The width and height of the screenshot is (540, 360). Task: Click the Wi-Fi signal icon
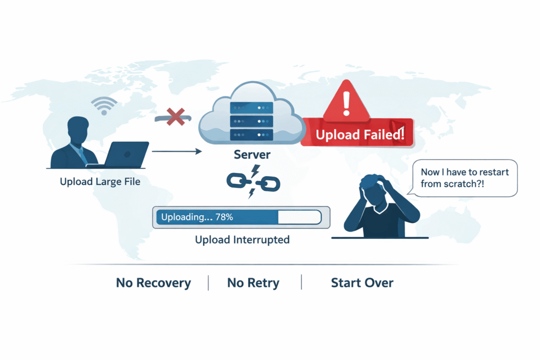tap(103, 105)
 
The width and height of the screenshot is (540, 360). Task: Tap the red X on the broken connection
tap(174, 116)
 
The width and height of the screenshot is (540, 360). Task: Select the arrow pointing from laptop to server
tap(177, 152)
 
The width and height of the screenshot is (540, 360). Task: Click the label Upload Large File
tap(100, 182)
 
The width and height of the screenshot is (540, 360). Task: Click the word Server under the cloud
tap(253, 155)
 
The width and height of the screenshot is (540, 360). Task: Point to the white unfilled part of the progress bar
tap(299, 217)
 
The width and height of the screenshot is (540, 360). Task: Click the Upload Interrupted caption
tap(242, 240)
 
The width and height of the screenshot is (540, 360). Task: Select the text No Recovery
tap(153, 283)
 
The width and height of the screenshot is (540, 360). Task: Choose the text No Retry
tap(254, 283)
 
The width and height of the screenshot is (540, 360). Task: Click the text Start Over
tap(362, 283)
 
